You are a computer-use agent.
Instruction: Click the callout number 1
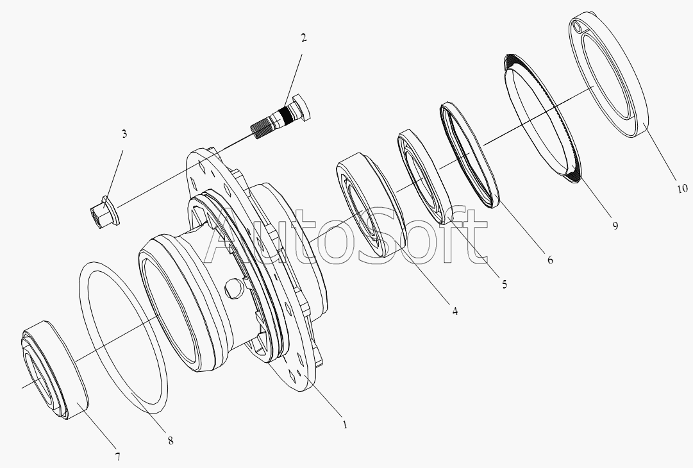click(345, 424)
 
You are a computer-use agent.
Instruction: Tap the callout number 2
click(304, 38)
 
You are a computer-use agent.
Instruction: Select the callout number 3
click(124, 133)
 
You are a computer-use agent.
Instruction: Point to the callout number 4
click(455, 311)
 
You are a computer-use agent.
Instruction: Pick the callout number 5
click(505, 284)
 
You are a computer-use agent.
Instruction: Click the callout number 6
click(550, 260)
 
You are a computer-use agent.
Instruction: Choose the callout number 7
click(118, 456)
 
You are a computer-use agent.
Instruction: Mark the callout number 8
click(171, 440)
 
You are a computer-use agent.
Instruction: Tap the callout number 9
click(615, 226)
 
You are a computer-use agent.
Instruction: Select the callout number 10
click(682, 188)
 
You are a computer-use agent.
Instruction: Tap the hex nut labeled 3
click(104, 213)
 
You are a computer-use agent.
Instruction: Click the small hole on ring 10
click(577, 28)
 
